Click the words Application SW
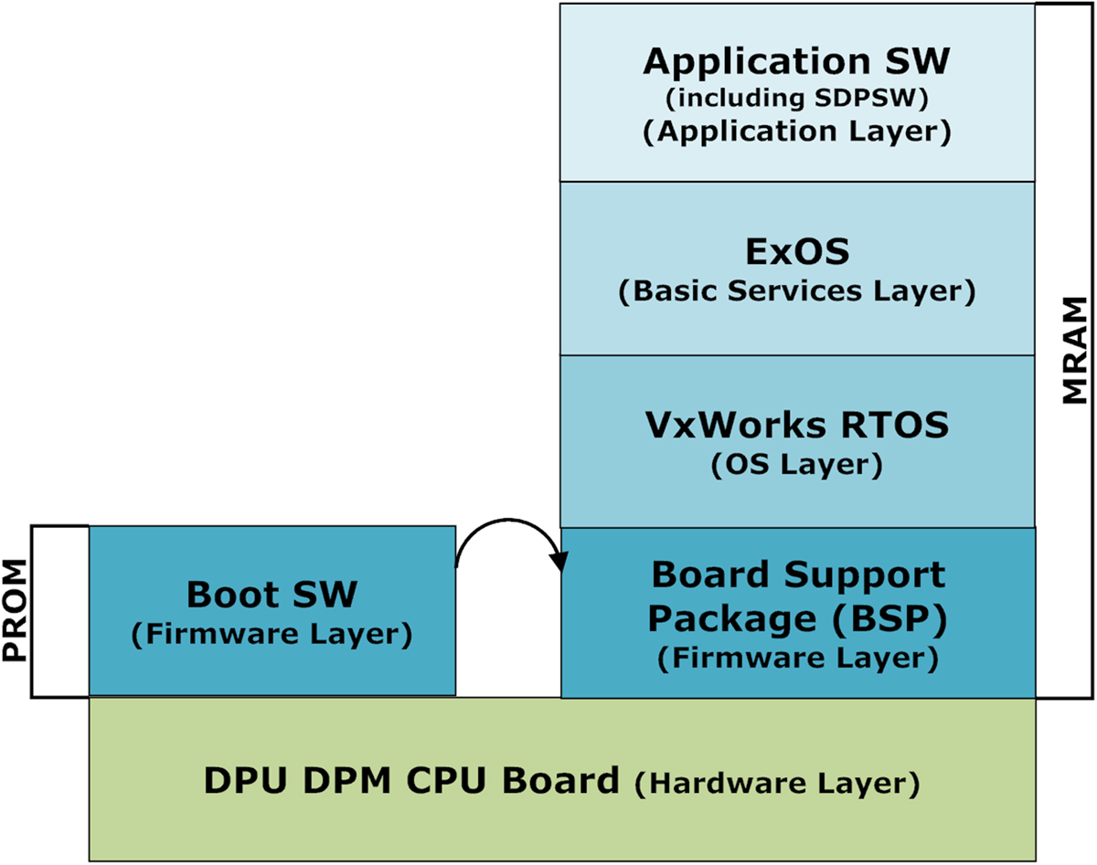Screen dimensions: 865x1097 point(796,62)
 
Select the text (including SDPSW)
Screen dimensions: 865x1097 point(796,98)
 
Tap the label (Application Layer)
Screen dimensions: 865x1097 point(796,131)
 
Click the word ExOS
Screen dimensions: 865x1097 point(796,250)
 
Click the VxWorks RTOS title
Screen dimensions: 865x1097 point(796,426)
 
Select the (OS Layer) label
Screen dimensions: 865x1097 point(796,465)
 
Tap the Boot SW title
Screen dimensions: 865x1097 point(272,595)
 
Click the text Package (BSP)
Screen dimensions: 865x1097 point(796,618)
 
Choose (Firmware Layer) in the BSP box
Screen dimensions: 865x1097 point(796,658)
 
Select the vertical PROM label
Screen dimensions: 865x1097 point(16,611)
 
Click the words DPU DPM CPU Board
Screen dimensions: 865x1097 point(410,782)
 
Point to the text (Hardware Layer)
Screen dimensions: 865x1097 point(776,784)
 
